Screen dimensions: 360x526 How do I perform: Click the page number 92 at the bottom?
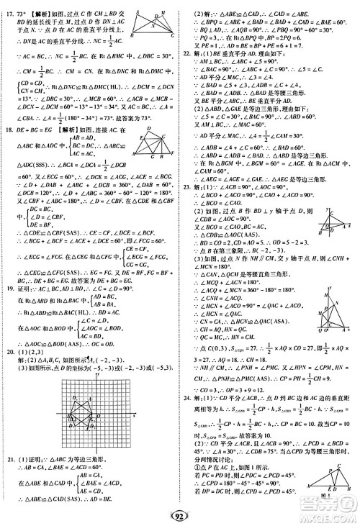tap(179, 515)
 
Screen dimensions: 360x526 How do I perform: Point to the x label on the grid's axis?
tap(135, 416)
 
